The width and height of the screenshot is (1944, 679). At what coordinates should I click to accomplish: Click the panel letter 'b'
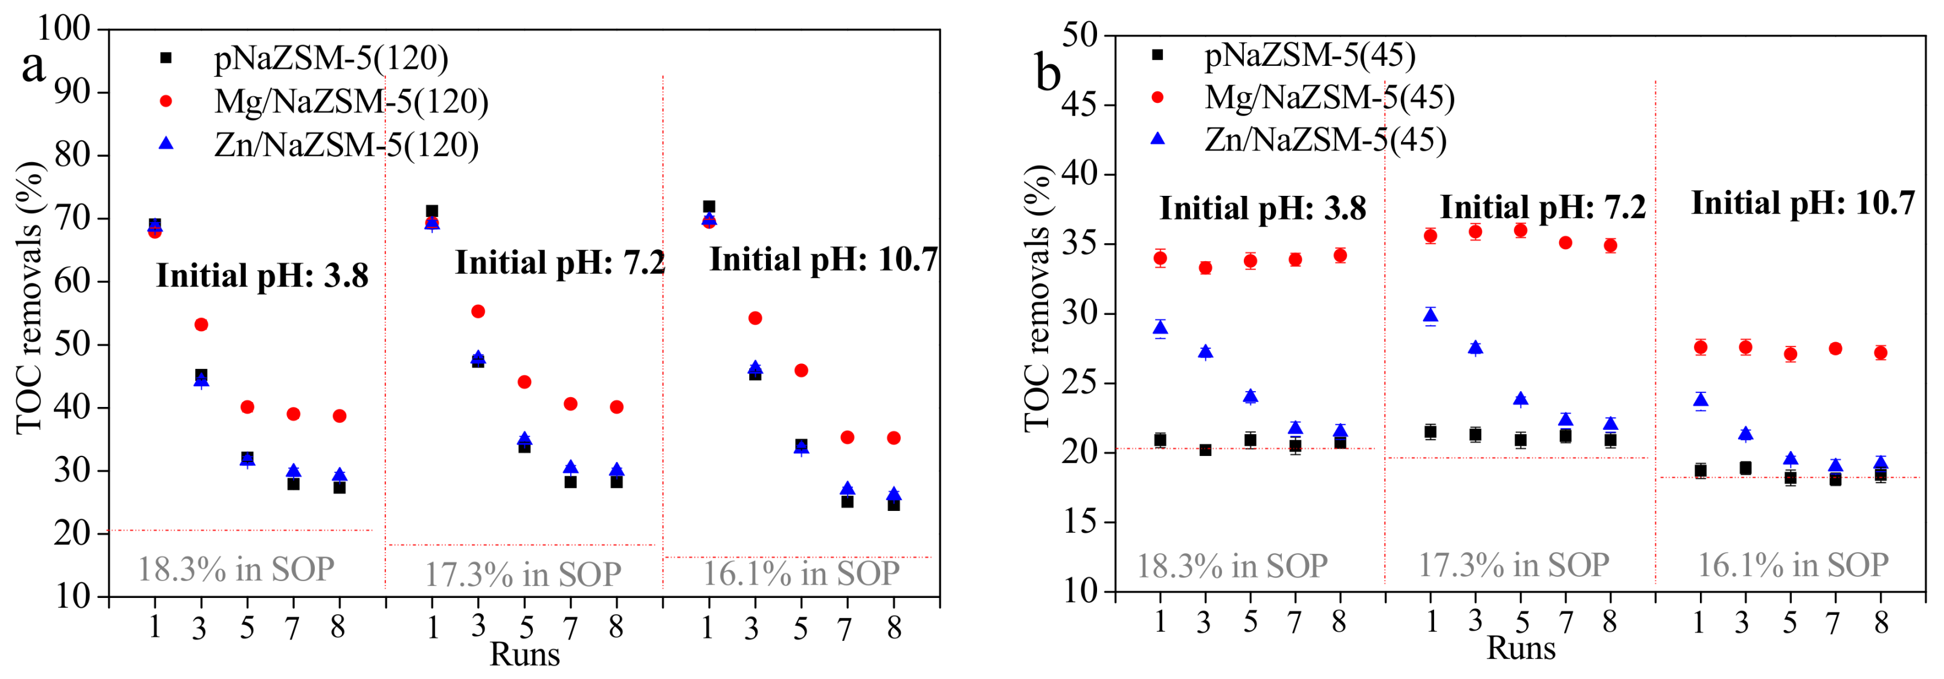[x=1049, y=74]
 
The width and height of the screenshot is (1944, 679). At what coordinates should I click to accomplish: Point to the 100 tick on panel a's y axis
[x=63, y=28]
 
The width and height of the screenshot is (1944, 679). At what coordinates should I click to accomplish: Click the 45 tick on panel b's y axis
[x=1081, y=104]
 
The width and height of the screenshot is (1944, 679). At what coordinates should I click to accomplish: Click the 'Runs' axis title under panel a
[x=524, y=654]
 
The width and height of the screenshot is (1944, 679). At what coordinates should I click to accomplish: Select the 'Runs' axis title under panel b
[x=1521, y=648]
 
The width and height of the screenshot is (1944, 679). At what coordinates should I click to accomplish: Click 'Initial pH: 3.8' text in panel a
[x=262, y=276]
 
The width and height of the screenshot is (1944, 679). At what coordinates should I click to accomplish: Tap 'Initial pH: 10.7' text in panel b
[x=1803, y=203]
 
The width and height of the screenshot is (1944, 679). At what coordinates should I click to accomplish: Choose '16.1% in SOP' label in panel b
[x=1792, y=565]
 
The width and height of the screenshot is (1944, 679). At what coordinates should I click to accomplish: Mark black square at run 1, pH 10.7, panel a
[x=709, y=207]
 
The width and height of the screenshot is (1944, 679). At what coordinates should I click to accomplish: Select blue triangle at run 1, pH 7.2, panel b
[x=1430, y=316]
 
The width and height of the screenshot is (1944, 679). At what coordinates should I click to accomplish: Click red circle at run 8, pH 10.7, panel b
[x=1881, y=352]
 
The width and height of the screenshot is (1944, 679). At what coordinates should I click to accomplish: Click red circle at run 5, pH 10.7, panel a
[x=802, y=370]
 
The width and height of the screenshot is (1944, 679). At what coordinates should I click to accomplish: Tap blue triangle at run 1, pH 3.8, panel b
[x=1160, y=328]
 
